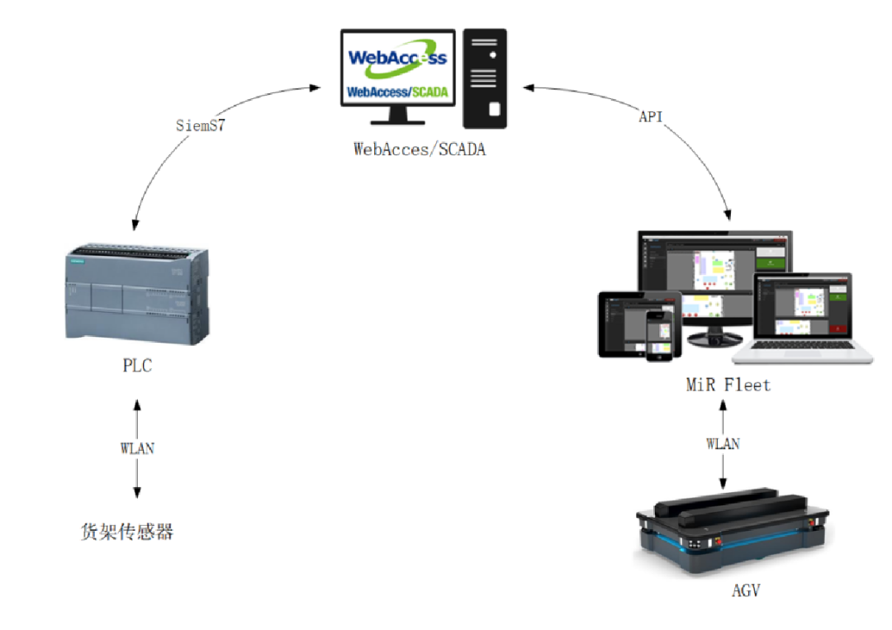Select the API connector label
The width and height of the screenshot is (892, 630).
pyautogui.click(x=651, y=117)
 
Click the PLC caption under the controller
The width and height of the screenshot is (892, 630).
pyautogui.click(x=137, y=366)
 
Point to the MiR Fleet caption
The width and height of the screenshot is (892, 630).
pyautogui.click(x=728, y=385)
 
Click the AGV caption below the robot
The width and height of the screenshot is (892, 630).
pyautogui.click(x=746, y=590)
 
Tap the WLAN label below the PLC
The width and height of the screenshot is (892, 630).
pyautogui.click(x=137, y=448)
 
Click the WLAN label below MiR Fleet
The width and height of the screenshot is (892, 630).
pyautogui.click(x=723, y=443)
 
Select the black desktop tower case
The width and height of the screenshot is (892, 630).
pyautogui.click(x=485, y=78)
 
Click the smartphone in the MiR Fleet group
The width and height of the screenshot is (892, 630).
pyautogui.click(x=659, y=334)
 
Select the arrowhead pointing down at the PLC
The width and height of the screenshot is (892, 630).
pyautogui.click(x=135, y=225)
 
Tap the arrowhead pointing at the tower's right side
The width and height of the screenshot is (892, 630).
pyautogui.click(x=527, y=87)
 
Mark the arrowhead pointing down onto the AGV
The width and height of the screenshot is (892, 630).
pyautogui.click(x=724, y=483)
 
